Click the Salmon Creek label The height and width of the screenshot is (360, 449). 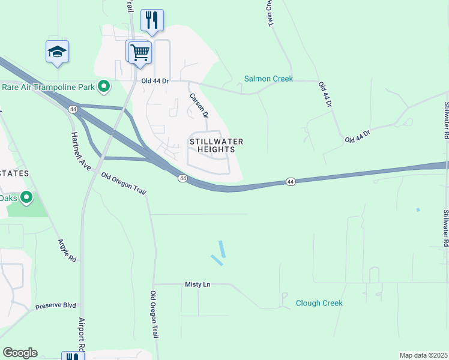click(268, 79)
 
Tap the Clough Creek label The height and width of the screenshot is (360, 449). click(319, 303)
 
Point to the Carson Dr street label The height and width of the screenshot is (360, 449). click(199, 105)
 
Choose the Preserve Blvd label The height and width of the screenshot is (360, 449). click(55, 305)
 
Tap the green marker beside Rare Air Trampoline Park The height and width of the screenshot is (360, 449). click(104, 87)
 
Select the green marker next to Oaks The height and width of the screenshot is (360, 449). click(26, 197)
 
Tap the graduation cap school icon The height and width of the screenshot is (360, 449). click(57, 52)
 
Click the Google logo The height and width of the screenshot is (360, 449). click(20, 353)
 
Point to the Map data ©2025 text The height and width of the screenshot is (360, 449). click(423, 355)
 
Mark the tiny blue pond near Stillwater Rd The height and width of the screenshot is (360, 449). click(418, 210)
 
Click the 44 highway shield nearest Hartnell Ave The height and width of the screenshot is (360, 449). click(73, 109)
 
